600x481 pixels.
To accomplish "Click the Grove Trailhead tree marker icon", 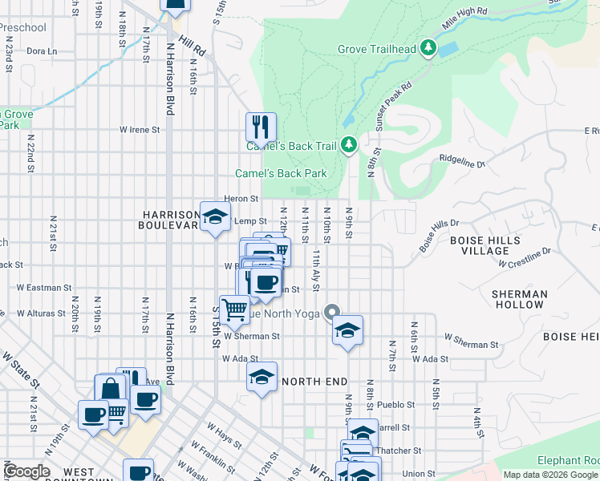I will point(429,49).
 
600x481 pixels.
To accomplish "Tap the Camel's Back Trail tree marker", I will point(348,145).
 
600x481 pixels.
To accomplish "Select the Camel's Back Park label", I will point(281,173).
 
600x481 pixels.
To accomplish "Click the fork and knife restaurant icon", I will point(261,127).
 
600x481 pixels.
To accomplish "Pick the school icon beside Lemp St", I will point(215,216).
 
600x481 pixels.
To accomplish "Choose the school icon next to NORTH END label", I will point(261,378).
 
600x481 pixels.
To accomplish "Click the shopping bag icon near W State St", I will point(110,390).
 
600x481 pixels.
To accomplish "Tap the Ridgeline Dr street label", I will point(463,164).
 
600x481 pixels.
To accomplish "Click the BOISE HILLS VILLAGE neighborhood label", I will point(484,245).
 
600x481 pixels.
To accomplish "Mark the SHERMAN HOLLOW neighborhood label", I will point(519,300).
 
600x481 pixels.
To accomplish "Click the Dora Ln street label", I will point(42,51).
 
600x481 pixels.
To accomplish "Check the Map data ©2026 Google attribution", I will point(549,475).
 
